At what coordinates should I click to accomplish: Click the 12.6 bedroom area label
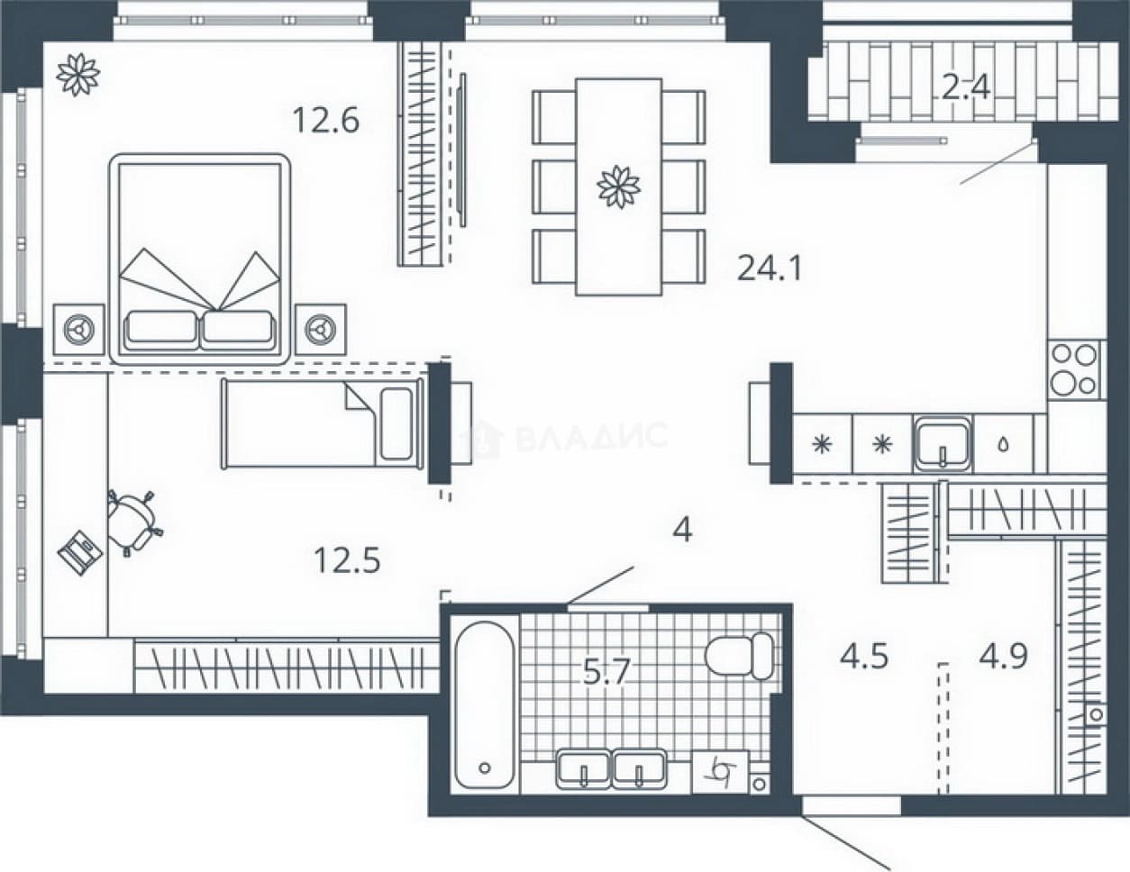click(x=326, y=120)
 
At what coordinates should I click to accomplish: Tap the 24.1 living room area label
click(x=770, y=268)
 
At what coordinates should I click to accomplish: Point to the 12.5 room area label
click(x=347, y=560)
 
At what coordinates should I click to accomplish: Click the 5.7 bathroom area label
click(x=606, y=671)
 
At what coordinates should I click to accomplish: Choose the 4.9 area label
click(x=1004, y=656)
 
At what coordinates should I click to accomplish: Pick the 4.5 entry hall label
click(x=864, y=656)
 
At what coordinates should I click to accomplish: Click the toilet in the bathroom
click(x=739, y=655)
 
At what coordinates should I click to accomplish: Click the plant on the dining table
click(x=619, y=186)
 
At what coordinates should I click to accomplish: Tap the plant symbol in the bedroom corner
click(x=78, y=75)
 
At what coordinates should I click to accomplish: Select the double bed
click(x=200, y=259)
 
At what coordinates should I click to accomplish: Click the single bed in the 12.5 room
click(x=323, y=423)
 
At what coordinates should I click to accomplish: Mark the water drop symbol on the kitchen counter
click(x=1004, y=445)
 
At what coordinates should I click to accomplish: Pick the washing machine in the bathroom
click(x=720, y=772)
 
